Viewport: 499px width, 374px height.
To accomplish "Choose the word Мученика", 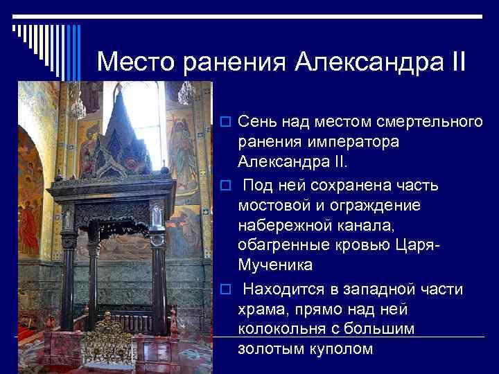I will pos(275,266).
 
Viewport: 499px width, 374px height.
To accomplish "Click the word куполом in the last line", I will pos(340,348).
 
